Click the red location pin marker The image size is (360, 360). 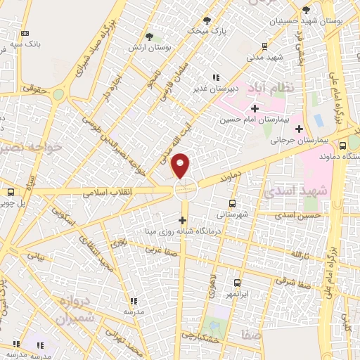click(181, 165)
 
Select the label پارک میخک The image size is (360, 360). click(207, 32)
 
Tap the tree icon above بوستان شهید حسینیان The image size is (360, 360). click(305, 10)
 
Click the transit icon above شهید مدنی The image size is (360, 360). click(264, 46)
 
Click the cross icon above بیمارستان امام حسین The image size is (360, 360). click(255, 108)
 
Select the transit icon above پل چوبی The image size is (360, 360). click(11, 192)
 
